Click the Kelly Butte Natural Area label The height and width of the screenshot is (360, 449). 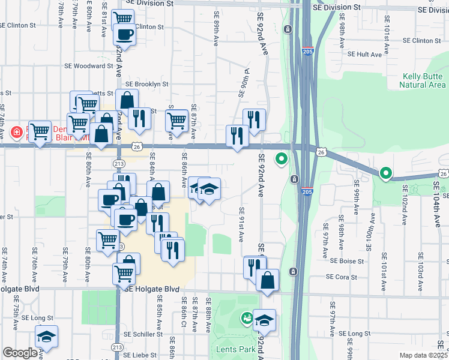pyautogui.click(x=423, y=80)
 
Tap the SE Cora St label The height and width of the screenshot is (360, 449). pyautogui.click(x=341, y=277)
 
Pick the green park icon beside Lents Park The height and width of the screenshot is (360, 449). pyautogui.click(x=246, y=318)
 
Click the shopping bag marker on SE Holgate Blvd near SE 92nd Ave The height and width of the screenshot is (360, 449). pyautogui.click(x=267, y=280)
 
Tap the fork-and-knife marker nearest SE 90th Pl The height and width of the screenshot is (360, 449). pyautogui.click(x=254, y=120)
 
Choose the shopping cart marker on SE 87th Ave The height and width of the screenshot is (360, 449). pyautogui.click(x=176, y=120)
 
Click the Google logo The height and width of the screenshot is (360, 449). pyautogui.click(x=20, y=353)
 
